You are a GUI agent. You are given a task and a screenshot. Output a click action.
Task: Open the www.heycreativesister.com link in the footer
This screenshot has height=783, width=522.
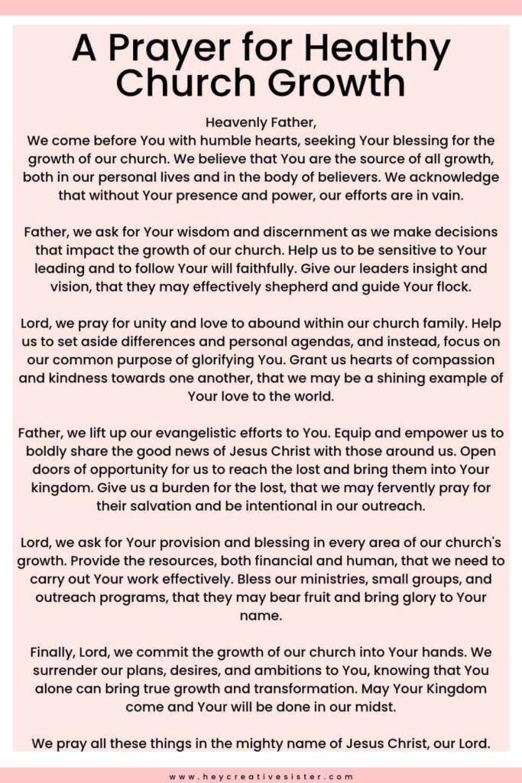[x=261, y=776]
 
